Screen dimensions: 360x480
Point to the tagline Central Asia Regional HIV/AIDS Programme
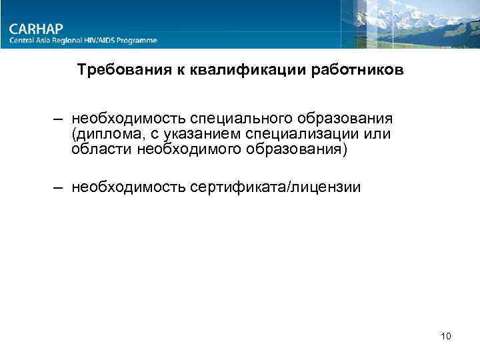click(83, 41)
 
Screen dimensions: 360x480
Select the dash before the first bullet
click(59, 119)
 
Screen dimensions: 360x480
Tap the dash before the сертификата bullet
click(59, 187)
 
